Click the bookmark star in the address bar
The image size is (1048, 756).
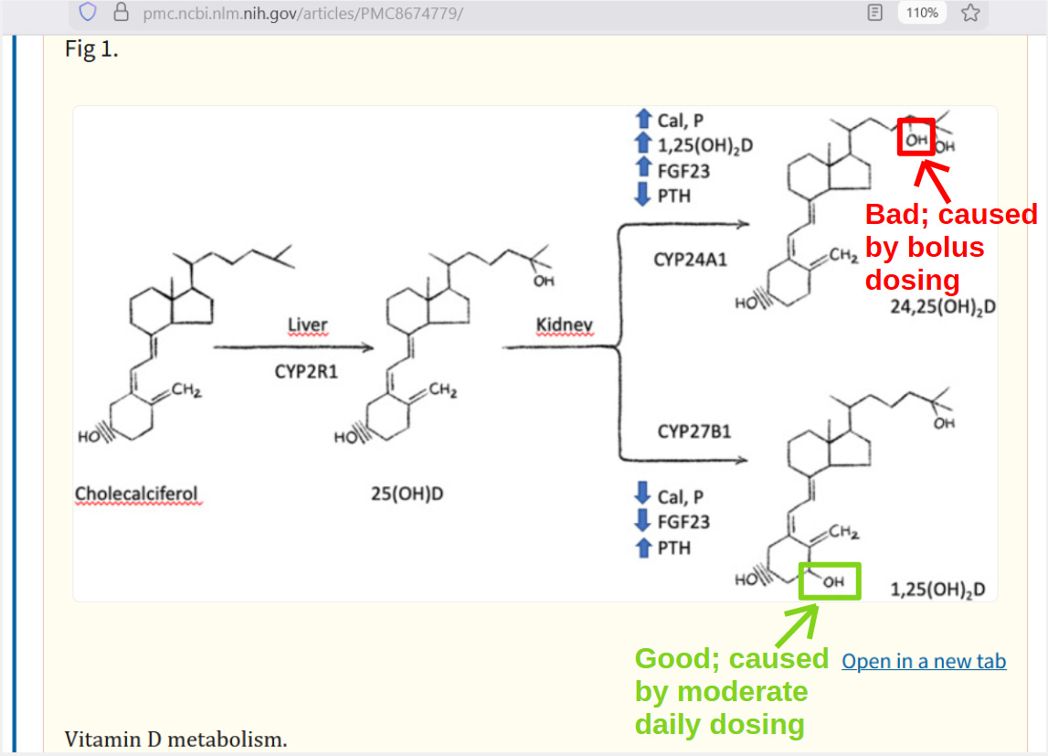tap(970, 13)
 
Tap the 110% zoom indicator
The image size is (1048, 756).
tap(922, 13)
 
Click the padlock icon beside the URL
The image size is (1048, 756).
tap(121, 13)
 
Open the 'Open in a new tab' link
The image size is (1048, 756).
tap(924, 661)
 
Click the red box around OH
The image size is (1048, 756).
tap(916, 137)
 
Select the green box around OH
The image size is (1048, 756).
tap(830, 581)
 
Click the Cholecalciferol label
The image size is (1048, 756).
tap(136, 495)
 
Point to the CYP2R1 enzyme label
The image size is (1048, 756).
tap(306, 372)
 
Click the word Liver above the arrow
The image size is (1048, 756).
tap(307, 325)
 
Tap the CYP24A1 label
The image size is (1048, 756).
tap(691, 260)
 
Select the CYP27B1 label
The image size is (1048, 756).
tap(694, 431)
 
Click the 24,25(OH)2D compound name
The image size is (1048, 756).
tap(943, 307)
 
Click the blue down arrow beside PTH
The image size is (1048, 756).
tap(643, 195)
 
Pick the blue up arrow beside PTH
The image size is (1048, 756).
tap(643, 548)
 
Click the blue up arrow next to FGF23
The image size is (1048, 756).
tap(643, 170)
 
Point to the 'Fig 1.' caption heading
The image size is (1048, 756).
tap(91, 49)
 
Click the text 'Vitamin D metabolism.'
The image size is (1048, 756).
tap(175, 739)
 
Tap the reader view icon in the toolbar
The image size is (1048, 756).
tap(875, 13)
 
